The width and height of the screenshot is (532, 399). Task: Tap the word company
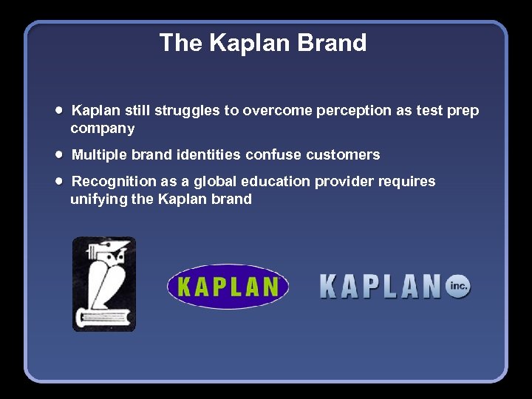[x=103, y=129]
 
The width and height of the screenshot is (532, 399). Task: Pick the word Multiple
[x=100, y=155]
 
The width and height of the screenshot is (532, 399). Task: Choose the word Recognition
[x=115, y=182]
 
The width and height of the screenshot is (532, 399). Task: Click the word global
[x=211, y=182]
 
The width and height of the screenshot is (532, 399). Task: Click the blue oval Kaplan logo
[x=228, y=286]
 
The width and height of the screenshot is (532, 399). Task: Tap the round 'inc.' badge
[x=457, y=285]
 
